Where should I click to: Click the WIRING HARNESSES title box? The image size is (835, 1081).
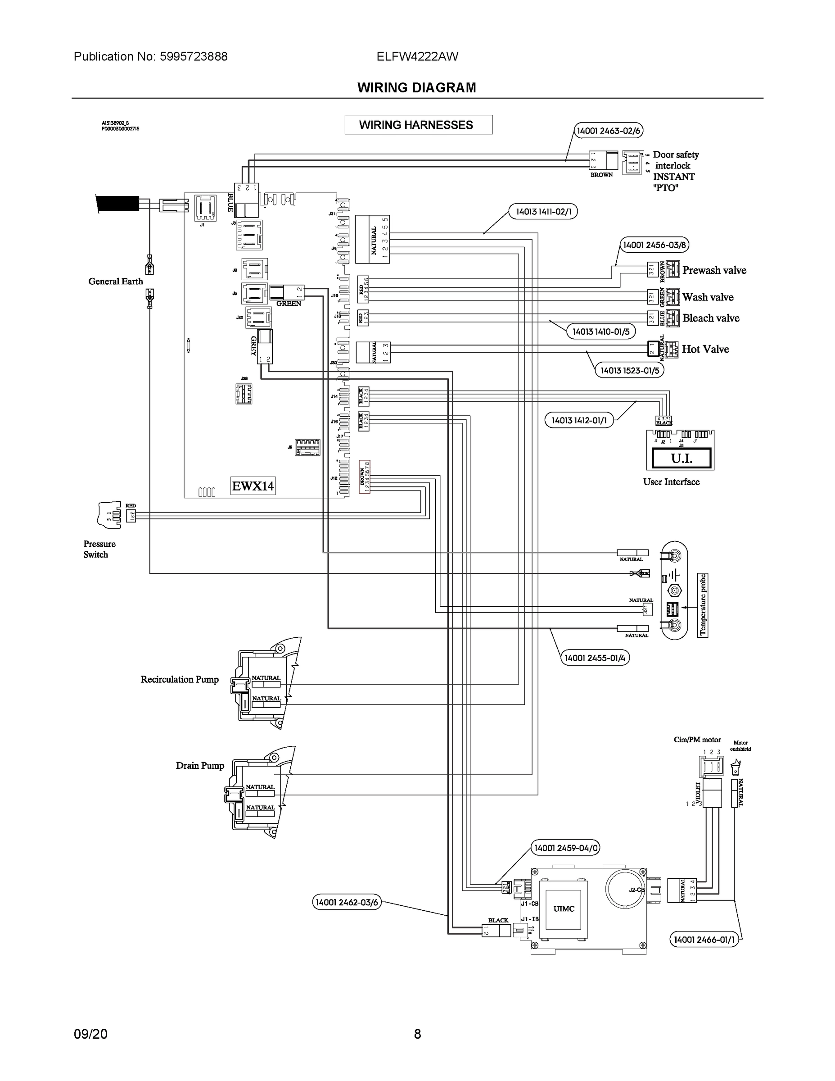point(418,125)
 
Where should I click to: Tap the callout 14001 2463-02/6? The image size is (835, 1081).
point(609,131)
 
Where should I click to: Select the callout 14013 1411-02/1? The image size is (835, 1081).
point(543,212)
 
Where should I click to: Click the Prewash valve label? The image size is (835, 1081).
point(714,270)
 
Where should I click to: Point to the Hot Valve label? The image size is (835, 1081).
point(705,349)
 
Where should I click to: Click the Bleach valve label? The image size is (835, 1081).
point(710,318)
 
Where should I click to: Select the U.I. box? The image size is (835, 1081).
point(681,459)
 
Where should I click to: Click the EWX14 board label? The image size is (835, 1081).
point(253,486)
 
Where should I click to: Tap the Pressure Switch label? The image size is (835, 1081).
point(99,549)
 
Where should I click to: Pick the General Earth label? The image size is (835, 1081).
point(115,281)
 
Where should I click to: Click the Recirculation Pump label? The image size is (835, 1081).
point(179,680)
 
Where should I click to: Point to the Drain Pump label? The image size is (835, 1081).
point(200,766)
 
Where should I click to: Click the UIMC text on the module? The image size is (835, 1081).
point(564,909)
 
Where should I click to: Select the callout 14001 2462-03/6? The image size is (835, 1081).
point(347,902)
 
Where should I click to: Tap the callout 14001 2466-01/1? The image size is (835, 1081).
point(704,940)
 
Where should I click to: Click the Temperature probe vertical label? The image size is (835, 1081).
point(703,605)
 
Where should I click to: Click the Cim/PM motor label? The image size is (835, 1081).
point(697,740)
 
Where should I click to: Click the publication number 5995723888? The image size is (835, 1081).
point(194,56)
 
